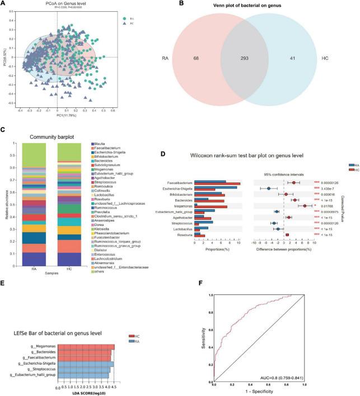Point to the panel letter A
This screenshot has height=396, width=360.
tap(4, 4)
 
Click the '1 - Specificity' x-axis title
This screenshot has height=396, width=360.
tap(258, 392)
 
